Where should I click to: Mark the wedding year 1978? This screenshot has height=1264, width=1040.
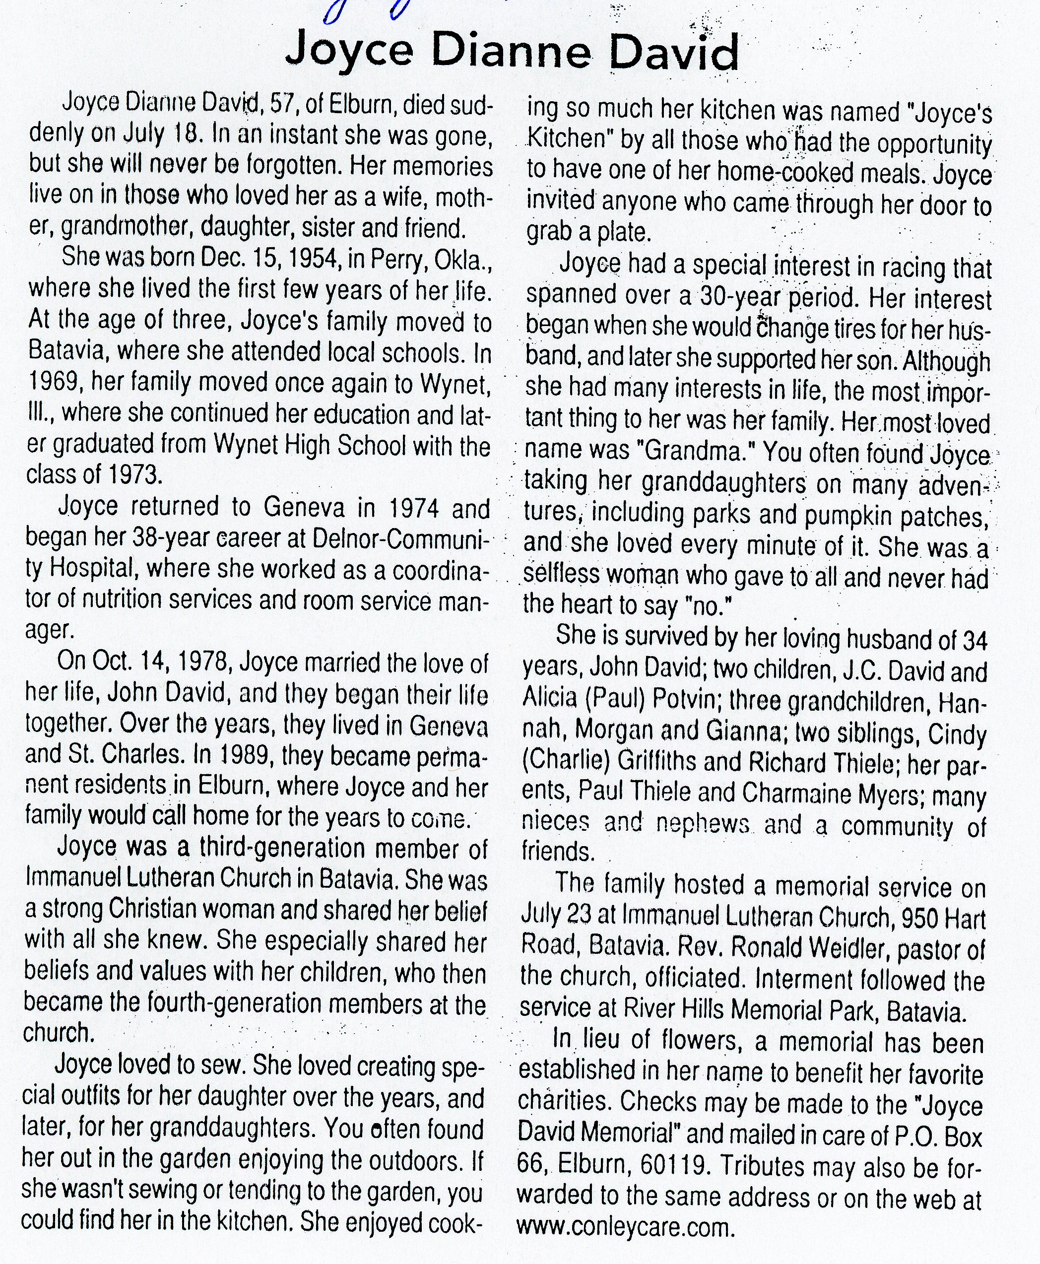coord(196,663)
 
